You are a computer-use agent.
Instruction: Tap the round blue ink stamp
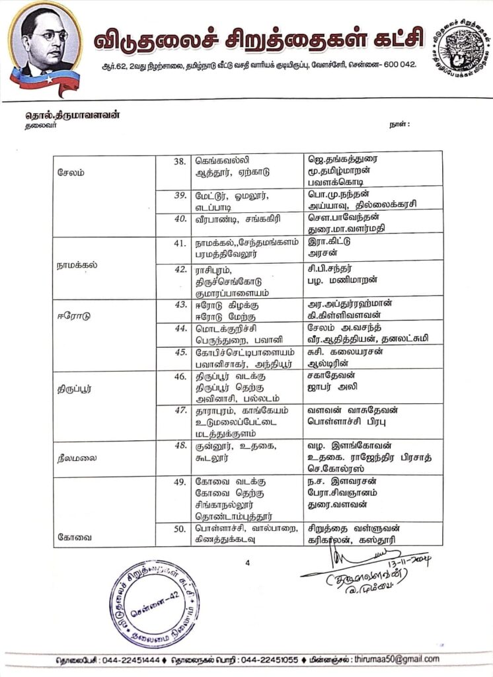pos(154,603)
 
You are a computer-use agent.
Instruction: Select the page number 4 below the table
pos(247,563)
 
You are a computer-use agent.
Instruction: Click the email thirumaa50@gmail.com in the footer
pos(397,659)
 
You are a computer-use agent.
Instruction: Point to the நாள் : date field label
pos(400,124)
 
